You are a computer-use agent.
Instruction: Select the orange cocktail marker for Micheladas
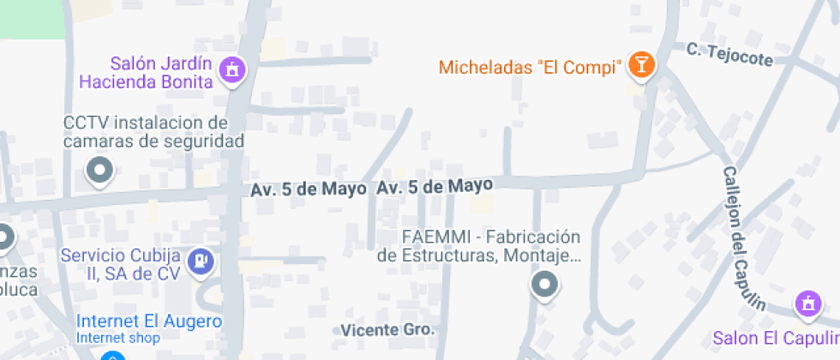640,64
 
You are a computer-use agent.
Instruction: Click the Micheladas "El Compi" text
530,67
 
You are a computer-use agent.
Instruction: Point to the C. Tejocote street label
729,55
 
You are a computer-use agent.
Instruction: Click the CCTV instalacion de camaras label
154,131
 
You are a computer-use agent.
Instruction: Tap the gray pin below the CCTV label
100,170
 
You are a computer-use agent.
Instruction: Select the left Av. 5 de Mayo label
309,189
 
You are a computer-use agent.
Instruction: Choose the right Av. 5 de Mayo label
435,185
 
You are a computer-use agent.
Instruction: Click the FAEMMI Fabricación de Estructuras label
480,246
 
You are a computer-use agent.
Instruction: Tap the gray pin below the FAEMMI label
544,284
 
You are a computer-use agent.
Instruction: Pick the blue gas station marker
201,260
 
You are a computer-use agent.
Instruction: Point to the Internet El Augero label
149,322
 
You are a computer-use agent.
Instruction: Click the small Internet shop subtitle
112,338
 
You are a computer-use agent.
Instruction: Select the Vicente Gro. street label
387,330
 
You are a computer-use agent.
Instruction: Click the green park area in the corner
32,18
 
